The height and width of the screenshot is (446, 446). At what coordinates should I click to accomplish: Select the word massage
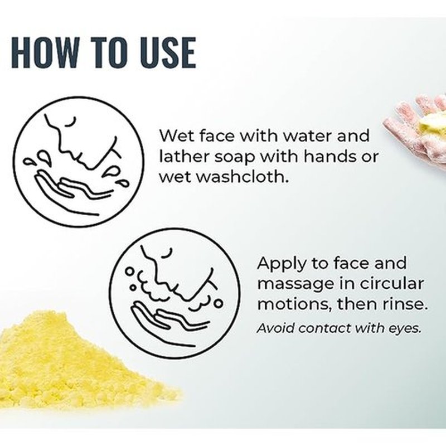click(296, 284)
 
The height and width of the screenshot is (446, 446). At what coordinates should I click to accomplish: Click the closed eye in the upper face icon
click(71, 122)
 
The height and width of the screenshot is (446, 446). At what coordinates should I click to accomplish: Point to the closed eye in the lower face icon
click(167, 253)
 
